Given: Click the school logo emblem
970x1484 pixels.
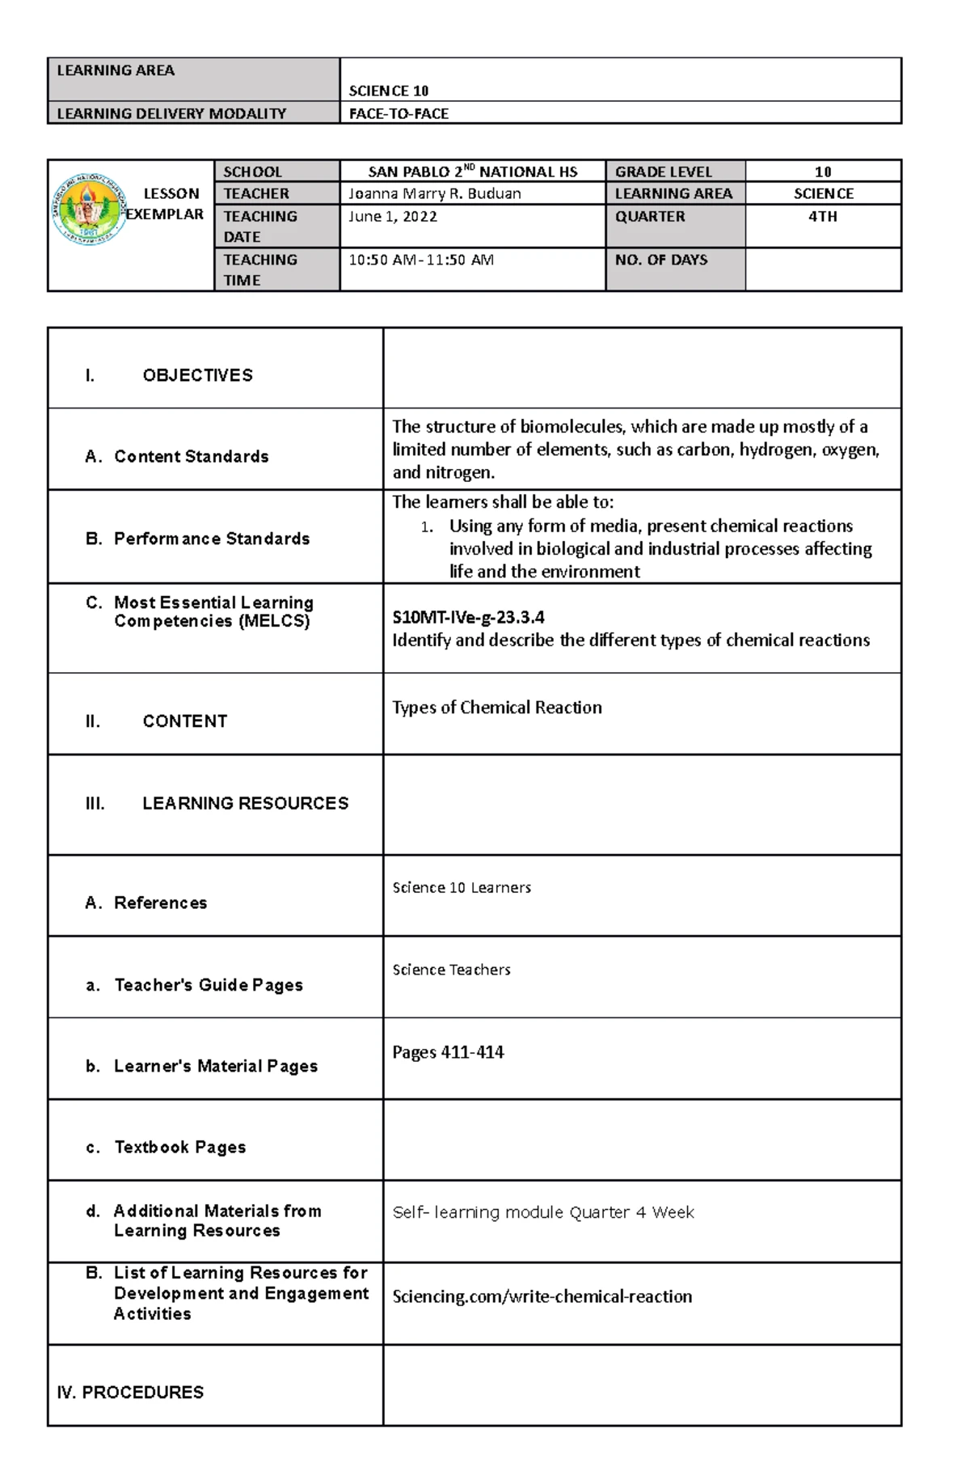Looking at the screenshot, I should coord(89,209).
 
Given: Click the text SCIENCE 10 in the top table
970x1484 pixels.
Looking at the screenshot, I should coord(388,91).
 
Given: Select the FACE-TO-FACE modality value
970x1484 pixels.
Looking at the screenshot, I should coord(399,113).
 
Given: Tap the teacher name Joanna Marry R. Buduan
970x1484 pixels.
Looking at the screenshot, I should coord(434,193).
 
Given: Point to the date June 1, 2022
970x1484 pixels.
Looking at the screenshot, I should coord(392,216).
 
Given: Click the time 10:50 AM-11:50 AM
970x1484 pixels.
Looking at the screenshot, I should coord(420,260).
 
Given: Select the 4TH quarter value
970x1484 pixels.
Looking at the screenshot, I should coord(822,216).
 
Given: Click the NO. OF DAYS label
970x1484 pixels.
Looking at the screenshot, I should coord(660,260).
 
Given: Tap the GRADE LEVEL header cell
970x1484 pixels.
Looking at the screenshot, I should coord(663,171).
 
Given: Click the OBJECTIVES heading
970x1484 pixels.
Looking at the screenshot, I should coord(197,375).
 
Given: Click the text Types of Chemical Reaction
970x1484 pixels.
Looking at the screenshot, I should coord(496,708).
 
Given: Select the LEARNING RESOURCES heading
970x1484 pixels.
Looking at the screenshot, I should coord(245,803).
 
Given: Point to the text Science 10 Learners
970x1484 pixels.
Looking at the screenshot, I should coord(461,887).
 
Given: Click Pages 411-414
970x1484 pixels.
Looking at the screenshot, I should coord(447,1052).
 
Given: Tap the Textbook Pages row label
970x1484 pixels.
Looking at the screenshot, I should coord(179,1147).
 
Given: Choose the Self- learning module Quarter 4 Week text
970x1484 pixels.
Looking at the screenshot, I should coord(542,1212).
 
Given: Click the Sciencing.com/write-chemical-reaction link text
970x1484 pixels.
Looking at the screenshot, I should coord(542,1296).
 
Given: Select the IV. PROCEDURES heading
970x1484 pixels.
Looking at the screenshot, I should coord(130,1392).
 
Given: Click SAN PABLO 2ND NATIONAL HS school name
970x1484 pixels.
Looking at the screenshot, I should coord(472,171).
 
